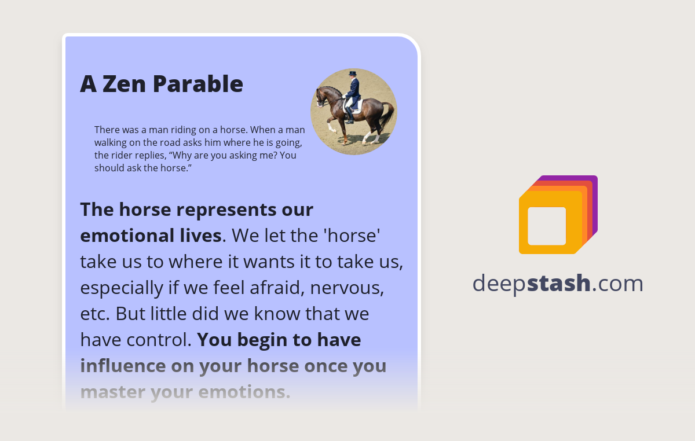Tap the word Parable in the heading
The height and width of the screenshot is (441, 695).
click(x=198, y=84)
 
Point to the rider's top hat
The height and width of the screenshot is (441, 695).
click(x=352, y=73)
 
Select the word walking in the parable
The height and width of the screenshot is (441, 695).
click(x=113, y=142)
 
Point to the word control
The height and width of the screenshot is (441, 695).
click(x=162, y=340)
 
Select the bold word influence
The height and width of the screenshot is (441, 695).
click(x=122, y=366)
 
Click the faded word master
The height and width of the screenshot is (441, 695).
click(x=112, y=392)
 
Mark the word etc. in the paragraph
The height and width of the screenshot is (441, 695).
click(x=94, y=314)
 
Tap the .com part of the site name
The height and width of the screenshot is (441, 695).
click(x=617, y=283)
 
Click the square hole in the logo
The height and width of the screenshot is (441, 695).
click(x=547, y=226)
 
